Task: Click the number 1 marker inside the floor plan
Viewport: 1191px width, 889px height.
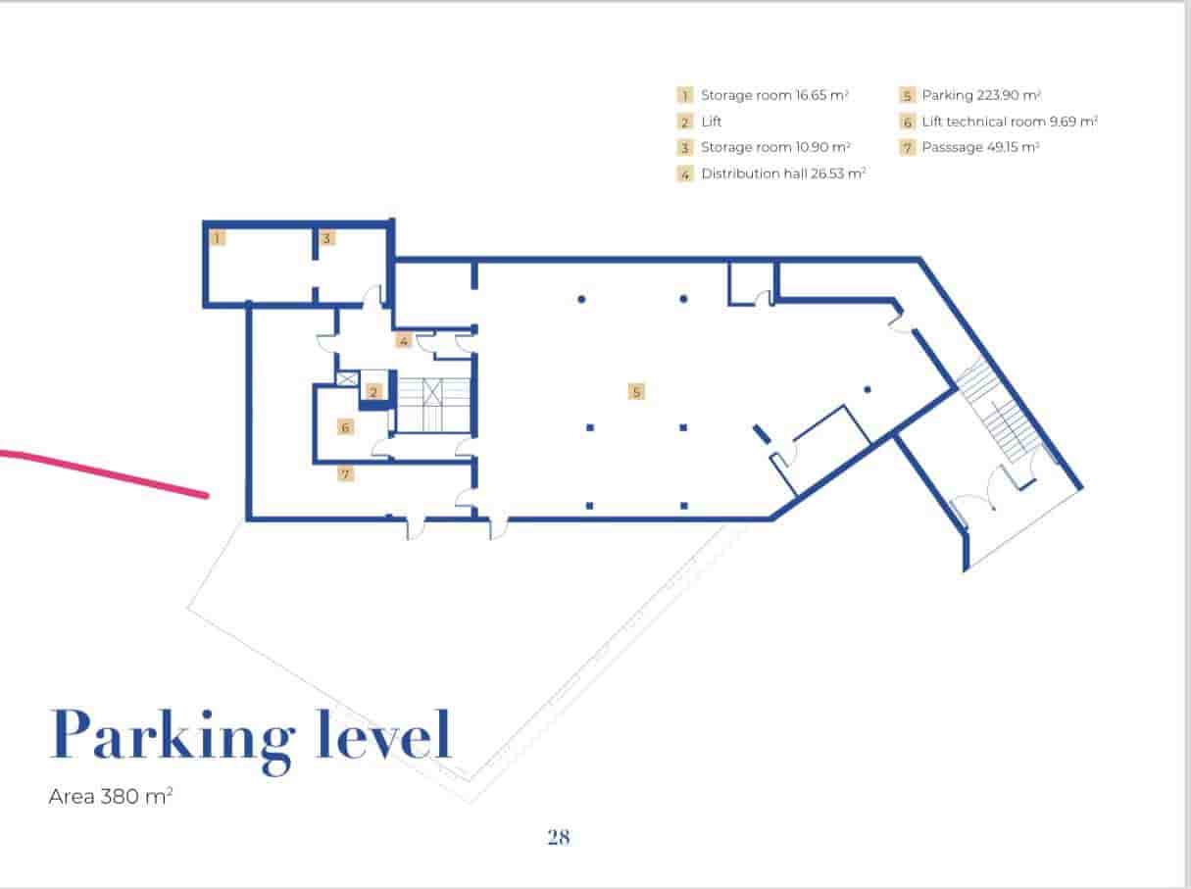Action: (218, 237)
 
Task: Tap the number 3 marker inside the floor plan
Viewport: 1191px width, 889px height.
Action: (327, 237)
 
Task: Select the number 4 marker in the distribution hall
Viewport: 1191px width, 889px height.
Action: (403, 341)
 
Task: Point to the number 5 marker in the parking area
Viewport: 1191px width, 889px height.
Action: (636, 392)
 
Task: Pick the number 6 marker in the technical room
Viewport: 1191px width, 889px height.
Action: (345, 427)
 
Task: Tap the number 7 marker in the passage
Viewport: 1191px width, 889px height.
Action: (345, 474)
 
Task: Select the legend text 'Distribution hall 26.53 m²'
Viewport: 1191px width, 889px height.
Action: (783, 173)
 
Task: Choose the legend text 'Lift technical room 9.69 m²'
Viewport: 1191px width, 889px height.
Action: (1009, 122)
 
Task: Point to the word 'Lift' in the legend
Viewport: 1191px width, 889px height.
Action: (712, 122)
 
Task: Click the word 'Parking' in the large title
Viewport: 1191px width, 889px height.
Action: (173, 735)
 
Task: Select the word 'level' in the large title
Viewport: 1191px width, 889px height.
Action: (383, 735)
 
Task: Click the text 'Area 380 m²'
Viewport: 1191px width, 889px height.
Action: (111, 797)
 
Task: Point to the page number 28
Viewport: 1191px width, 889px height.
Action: (559, 837)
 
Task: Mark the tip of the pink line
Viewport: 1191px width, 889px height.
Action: (207, 496)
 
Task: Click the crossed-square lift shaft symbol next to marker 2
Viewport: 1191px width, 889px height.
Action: (346, 378)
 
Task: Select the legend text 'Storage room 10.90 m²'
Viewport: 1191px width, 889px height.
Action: (775, 147)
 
